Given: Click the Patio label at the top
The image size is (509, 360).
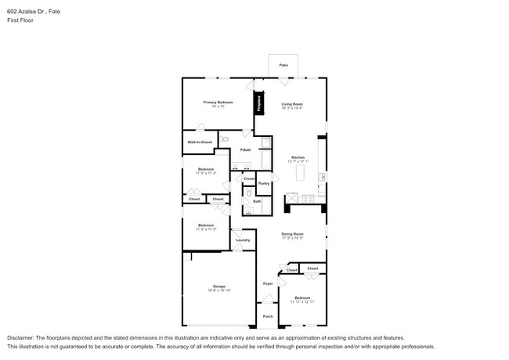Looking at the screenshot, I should pyautogui.click(x=283, y=66).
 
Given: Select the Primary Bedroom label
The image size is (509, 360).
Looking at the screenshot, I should pyautogui.click(x=218, y=103).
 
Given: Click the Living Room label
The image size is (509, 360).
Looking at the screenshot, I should pyautogui.click(x=292, y=103).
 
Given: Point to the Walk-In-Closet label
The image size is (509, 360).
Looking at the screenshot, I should pyautogui.click(x=200, y=142).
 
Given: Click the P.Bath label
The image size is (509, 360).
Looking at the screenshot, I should pyautogui.click(x=245, y=149).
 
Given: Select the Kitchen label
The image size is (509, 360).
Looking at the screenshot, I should pyautogui.click(x=298, y=157).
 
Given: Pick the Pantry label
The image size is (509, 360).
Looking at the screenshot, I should pyautogui.click(x=264, y=183).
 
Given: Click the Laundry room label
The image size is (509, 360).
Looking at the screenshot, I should pyautogui.click(x=243, y=239).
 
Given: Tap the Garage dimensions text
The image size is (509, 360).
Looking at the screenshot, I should pyautogui.click(x=218, y=290).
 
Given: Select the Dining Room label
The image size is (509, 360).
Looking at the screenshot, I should pyautogui.click(x=292, y=233).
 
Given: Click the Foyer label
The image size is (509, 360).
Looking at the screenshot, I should pyautogui.click(x=267, y=283).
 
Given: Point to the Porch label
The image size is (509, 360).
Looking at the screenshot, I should pyautogui.click(x=267, y=316).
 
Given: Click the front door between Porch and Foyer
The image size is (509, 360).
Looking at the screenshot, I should pyautogui.click(x=267, y=301).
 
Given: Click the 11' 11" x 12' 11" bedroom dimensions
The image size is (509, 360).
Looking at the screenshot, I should pyautogui.click(x=302, y=302).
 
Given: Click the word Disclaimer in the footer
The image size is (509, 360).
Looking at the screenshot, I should pyautogui.click(x=23, y=337).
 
